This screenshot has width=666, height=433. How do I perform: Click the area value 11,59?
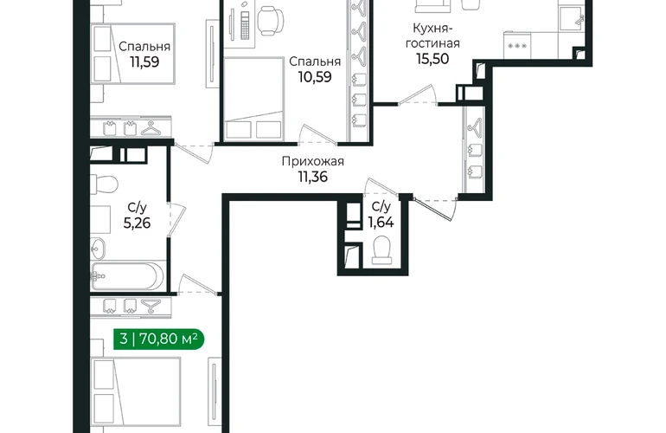click(144, 62)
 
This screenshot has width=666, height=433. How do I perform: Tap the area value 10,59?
click(315, 77)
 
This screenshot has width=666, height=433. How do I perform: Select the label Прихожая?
click(312, 161)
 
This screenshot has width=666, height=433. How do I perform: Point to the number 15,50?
click(432, 59)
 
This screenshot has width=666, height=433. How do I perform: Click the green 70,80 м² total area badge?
click(158, 339)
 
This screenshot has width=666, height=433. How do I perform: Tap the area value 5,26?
click(137, 223)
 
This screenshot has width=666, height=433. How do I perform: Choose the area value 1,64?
click(381, 222)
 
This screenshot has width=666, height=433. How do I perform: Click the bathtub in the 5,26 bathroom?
click(127, 275)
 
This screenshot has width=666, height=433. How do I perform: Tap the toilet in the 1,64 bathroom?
click(381, 250)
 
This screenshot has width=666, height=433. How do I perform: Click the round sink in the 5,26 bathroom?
click(98, 248)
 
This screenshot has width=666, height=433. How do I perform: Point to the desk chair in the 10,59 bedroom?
click(271, 21)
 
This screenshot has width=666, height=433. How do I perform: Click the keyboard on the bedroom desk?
click(245, 24)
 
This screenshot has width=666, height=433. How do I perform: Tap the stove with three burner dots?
click(517, 45)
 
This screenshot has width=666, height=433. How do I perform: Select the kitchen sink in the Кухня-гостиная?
click(573, 19)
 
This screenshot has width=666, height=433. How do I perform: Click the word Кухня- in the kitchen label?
click(432, 29)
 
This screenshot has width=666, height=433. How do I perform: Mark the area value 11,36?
click(312, 177)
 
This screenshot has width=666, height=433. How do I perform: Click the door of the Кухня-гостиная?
click(417, 95)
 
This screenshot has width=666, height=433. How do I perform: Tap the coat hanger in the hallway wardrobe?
click(476, 126)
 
